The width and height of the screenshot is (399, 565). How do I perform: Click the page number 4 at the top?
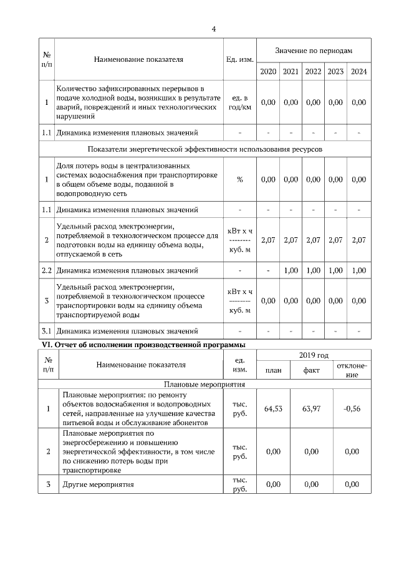click(x=214, y=28)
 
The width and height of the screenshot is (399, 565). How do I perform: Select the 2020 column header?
click(x=268, y=71)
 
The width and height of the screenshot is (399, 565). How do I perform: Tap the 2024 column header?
click(x=358, y=71)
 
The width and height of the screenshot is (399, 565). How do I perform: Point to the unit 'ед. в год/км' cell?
click(x=240, y=102)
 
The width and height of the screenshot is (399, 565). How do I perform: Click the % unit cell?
click(x=240, y=179)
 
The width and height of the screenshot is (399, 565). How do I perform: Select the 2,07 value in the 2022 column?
click(x=313, y=240)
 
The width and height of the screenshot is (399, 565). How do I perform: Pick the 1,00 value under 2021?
click(x=291, y=270)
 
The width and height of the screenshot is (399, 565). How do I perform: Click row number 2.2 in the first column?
click(x=46, y=270)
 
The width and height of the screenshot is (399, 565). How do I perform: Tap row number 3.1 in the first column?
click(x=46, y=331)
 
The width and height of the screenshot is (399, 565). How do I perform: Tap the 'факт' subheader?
click(x=312, y=370)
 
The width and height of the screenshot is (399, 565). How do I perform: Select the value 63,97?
click(x=312, y=409)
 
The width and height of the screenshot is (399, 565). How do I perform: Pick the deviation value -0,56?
click(x=352, y=409)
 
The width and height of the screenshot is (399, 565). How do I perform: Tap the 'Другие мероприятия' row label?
click(x=99, y=484)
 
